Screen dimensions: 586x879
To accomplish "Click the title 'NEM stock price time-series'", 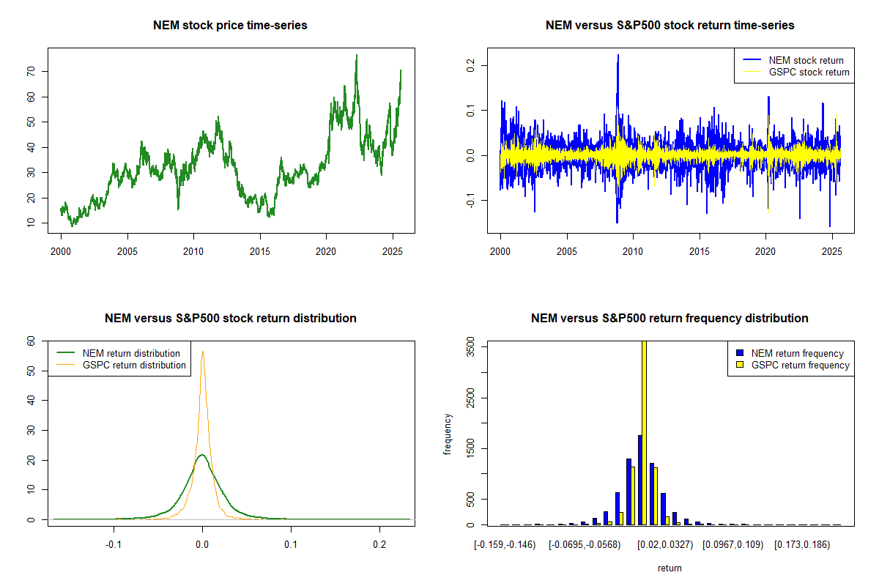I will (x=230, y=26).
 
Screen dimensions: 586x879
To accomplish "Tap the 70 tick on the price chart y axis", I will (x=34, y=71).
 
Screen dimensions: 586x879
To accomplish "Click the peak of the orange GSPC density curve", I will (x=203, y=352).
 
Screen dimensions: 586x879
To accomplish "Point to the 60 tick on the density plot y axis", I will (x=34, y=341).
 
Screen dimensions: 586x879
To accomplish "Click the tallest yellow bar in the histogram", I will (x=645, y=432).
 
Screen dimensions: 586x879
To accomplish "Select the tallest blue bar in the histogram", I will (x=639, y=480).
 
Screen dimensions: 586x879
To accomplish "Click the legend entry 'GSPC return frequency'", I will (x=800, y=365).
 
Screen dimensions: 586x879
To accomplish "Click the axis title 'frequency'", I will (x=448, y=434).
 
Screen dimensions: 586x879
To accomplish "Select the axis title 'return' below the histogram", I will (x=670, y=568).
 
